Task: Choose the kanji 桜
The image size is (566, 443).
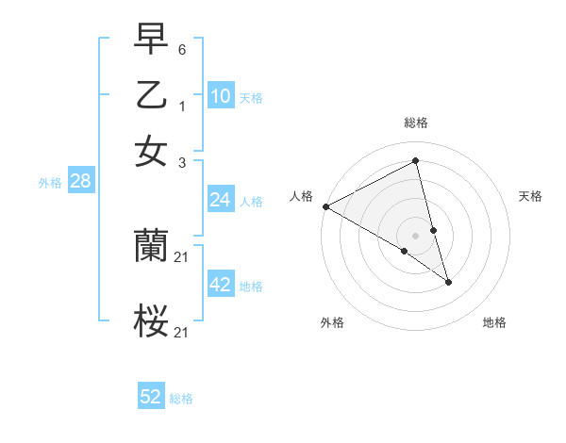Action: click(151, 321)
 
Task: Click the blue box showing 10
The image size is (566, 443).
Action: click(220, 96)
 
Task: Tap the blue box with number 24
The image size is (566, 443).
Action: click(220, 200)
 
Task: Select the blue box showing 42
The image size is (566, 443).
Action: click(220, 285)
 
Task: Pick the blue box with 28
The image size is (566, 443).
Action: click(79, 182)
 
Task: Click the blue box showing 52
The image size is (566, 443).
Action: click(151, 397)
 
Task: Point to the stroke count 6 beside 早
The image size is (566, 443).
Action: click(183, 48)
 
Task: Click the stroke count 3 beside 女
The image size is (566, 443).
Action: click(183, 162)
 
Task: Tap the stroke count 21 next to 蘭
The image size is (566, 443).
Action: click(183, 257)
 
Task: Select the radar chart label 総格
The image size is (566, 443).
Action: click(416, 123)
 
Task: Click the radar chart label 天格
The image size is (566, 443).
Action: click(531, 196)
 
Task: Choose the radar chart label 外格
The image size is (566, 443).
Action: click(332, 322)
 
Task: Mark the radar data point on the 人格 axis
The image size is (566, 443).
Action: click(325, 206)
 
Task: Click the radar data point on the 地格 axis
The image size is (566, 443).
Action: click(448, 282)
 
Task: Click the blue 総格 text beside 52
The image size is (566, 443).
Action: click(181, 399)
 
